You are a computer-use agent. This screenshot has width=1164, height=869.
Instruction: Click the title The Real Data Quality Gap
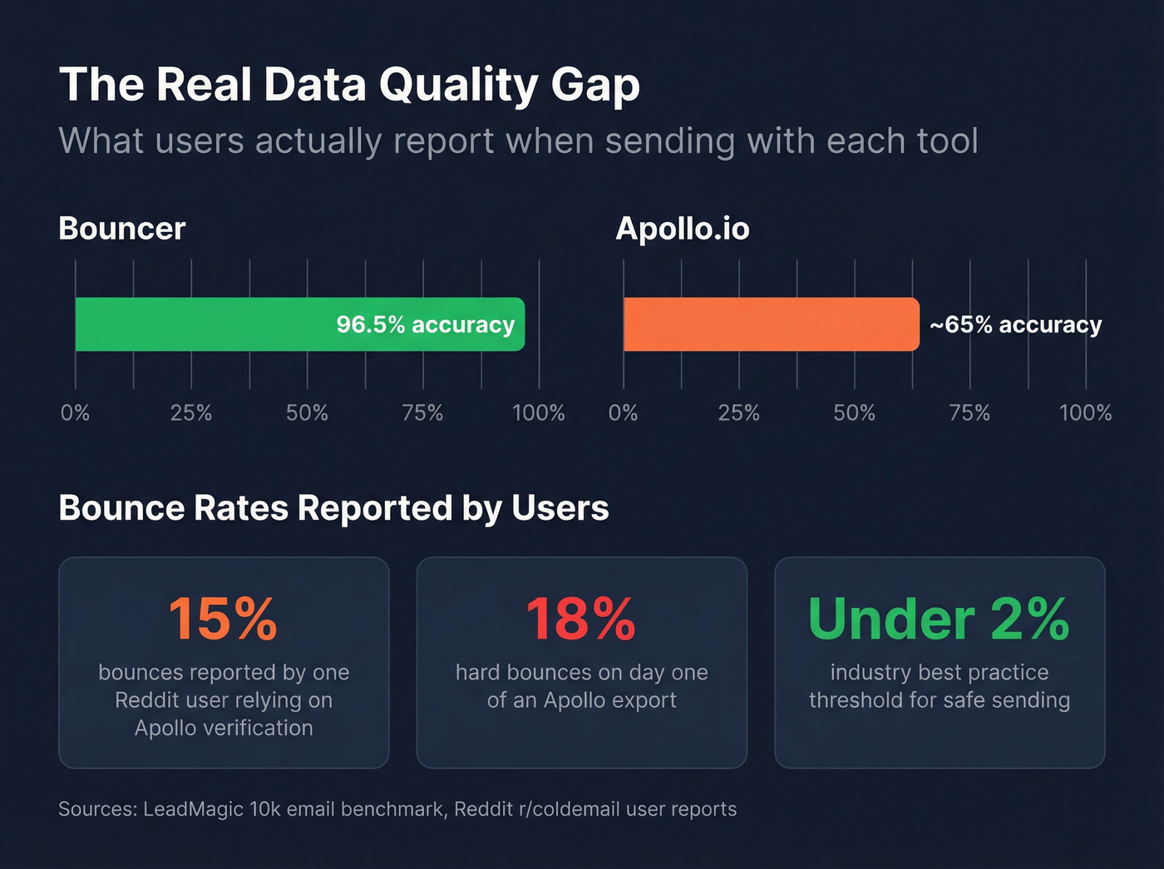click(349, 85)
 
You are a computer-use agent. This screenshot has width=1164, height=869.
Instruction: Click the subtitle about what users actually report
click(518, 141)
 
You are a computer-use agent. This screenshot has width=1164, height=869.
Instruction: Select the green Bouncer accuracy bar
click(208, 324)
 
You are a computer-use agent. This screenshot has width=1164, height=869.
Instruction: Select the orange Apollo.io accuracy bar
click(771, 324)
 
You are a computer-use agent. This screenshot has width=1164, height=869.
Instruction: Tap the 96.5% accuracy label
click(425, 324)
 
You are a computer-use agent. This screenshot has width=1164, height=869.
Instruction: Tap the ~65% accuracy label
click(1015, 324)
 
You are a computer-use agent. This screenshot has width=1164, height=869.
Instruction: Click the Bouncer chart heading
click(122, 229)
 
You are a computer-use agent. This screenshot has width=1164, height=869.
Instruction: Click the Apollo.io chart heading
click(682, 229)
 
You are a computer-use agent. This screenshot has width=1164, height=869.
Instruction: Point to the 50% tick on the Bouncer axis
click(307, 412)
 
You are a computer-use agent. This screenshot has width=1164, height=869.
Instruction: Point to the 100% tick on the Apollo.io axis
click(1085, 412)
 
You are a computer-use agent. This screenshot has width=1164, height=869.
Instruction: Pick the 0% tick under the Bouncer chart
click(75, 412)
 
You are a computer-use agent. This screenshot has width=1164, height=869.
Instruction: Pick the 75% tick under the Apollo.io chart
click(969, 412)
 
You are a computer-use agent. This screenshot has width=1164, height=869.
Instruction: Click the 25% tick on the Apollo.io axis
click(738, 412)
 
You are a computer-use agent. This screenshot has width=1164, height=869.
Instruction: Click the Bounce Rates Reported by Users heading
click(333, 508)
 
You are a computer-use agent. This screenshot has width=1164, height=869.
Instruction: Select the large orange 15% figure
click(223, 619)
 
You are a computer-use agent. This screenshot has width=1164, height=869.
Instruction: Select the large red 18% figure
click(581, 619)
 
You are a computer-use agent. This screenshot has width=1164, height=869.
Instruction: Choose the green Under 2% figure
click(939, 619)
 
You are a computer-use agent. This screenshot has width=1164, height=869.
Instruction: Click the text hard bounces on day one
click(581, 672)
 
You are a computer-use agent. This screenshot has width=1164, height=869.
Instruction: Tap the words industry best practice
click(940, 672)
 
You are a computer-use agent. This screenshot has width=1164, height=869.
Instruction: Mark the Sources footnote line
click(397, 809)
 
